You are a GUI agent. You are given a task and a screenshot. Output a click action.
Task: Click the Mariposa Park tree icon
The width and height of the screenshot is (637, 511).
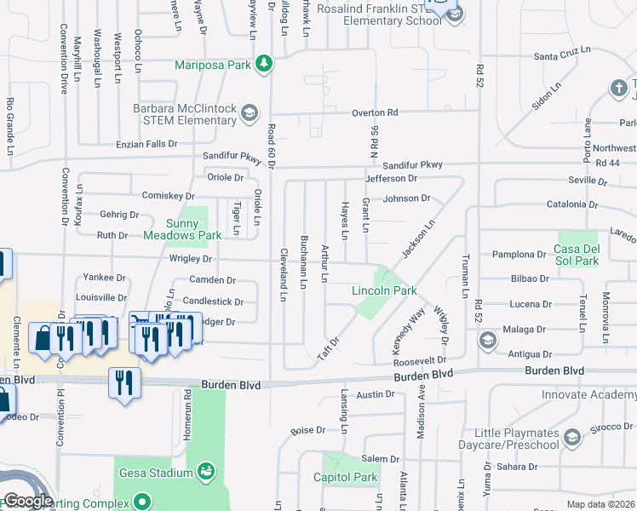(264, 63)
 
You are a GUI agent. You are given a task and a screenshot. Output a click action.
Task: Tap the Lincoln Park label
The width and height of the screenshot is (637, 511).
(384, 290)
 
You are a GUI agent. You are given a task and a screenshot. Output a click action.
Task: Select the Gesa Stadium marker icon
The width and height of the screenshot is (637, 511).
(205, 470)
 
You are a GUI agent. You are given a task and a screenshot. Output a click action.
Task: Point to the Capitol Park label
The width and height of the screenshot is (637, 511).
(345, 477)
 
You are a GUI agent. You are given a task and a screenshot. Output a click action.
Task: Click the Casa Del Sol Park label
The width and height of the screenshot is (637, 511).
(577, 255)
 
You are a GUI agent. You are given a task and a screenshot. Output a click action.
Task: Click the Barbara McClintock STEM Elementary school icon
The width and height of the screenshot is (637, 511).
(250, 113)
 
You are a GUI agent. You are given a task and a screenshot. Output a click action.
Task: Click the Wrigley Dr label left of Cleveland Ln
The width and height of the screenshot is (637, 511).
(189, 258)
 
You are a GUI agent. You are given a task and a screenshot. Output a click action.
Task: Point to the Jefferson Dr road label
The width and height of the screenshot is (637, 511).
(391, 179)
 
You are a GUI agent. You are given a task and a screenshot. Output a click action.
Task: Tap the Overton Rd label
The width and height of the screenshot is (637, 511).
(375, 112)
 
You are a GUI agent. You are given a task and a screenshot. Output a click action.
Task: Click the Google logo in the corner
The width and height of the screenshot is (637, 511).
(28, 501)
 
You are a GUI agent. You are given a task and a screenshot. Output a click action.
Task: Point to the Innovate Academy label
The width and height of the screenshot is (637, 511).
(588, 395)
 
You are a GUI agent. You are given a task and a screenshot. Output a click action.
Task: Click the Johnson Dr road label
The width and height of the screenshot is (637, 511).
(406, 198)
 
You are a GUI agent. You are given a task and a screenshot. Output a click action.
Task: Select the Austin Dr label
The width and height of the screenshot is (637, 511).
(376, 394)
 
